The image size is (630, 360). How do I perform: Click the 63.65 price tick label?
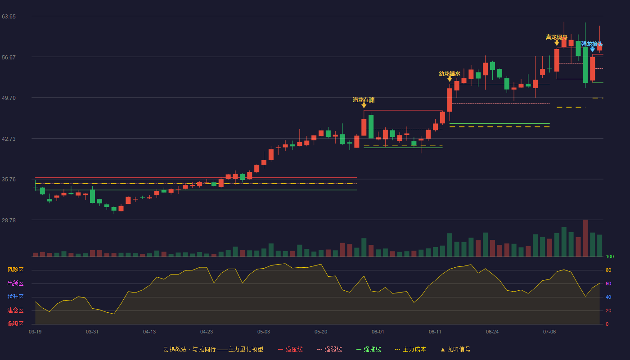pos(9,17)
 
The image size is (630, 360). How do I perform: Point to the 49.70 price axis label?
pos(9,98)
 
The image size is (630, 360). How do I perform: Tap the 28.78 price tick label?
pos(9,220)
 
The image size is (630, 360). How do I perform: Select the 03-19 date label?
pos(35,332)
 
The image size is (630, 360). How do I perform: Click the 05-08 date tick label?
pos(264,332)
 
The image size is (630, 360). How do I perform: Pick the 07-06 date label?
pos(549,332)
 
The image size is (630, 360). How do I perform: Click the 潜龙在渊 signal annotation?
pos(364,100)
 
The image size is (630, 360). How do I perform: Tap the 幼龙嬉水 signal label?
pos(450,74)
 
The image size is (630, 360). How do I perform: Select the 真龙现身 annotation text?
pos(556,37)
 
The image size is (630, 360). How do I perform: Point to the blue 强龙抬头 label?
pos(592,44)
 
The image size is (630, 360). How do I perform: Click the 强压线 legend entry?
pos(290,349)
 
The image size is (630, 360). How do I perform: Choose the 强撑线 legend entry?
pos(369,349)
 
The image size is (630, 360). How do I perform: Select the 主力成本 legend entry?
pos(410,349)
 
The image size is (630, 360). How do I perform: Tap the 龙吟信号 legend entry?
pos(455,349)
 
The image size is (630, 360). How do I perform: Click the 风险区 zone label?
pos(15,270)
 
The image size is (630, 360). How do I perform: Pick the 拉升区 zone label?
pos(15,297)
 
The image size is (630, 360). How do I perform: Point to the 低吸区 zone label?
pos(15,324)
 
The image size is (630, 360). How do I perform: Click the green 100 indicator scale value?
pos(610,256)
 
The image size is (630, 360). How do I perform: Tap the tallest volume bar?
pos(585,238)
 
